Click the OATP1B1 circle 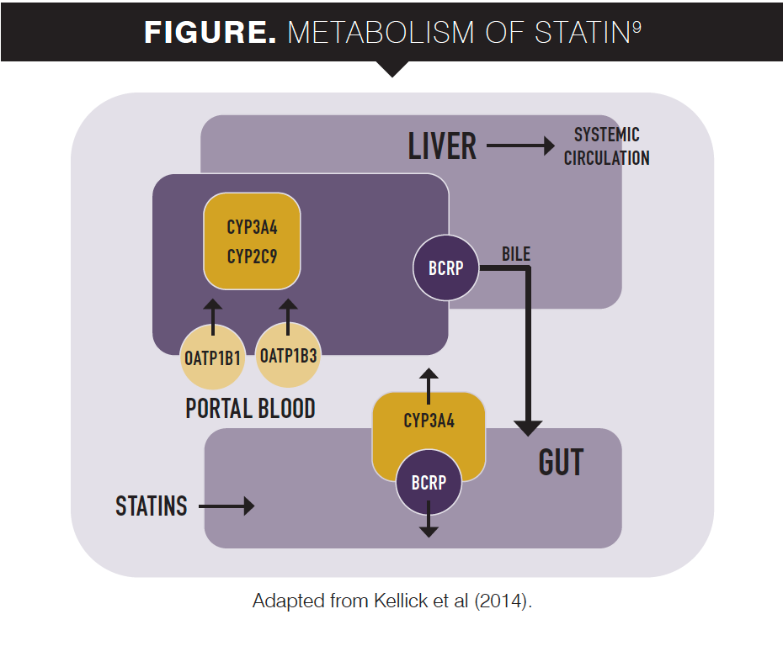[213, 357]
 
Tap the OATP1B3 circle [288, 357]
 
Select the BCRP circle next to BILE [445, 269]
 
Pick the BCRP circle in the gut [429, 483]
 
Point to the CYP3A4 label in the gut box [429, 421]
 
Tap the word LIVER [442, 146]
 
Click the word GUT [561, 462]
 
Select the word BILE [516, 254]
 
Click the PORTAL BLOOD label [250, 409]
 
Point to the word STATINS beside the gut [152, 506]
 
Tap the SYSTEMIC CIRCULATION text [606, 146]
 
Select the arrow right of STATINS [226, 506]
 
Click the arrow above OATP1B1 [213, 316]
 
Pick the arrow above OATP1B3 [288, 316]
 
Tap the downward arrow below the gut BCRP [429, 522]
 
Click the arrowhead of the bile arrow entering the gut [528, 426]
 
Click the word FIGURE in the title [210, 33]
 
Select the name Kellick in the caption [400, 602]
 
